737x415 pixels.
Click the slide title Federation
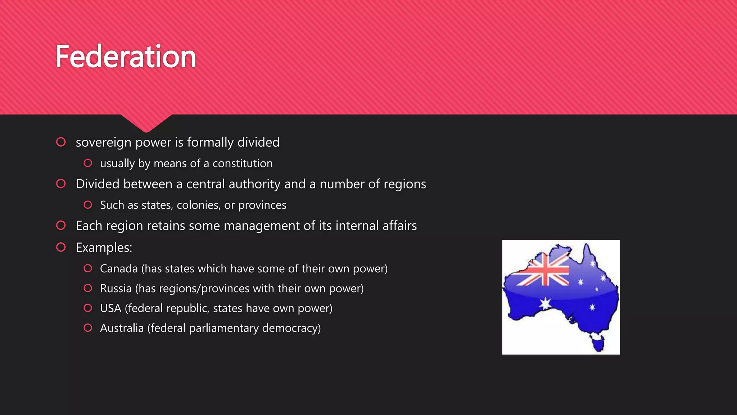126,57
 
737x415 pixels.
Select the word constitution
243,164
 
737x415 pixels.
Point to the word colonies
198,205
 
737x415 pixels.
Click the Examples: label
104,247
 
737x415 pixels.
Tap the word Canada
119,269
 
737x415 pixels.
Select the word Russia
116,289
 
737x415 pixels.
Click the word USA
110,308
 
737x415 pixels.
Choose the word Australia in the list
122,328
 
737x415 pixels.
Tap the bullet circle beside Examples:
61,247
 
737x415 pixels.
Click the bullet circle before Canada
88,268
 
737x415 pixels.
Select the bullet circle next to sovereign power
61,142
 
